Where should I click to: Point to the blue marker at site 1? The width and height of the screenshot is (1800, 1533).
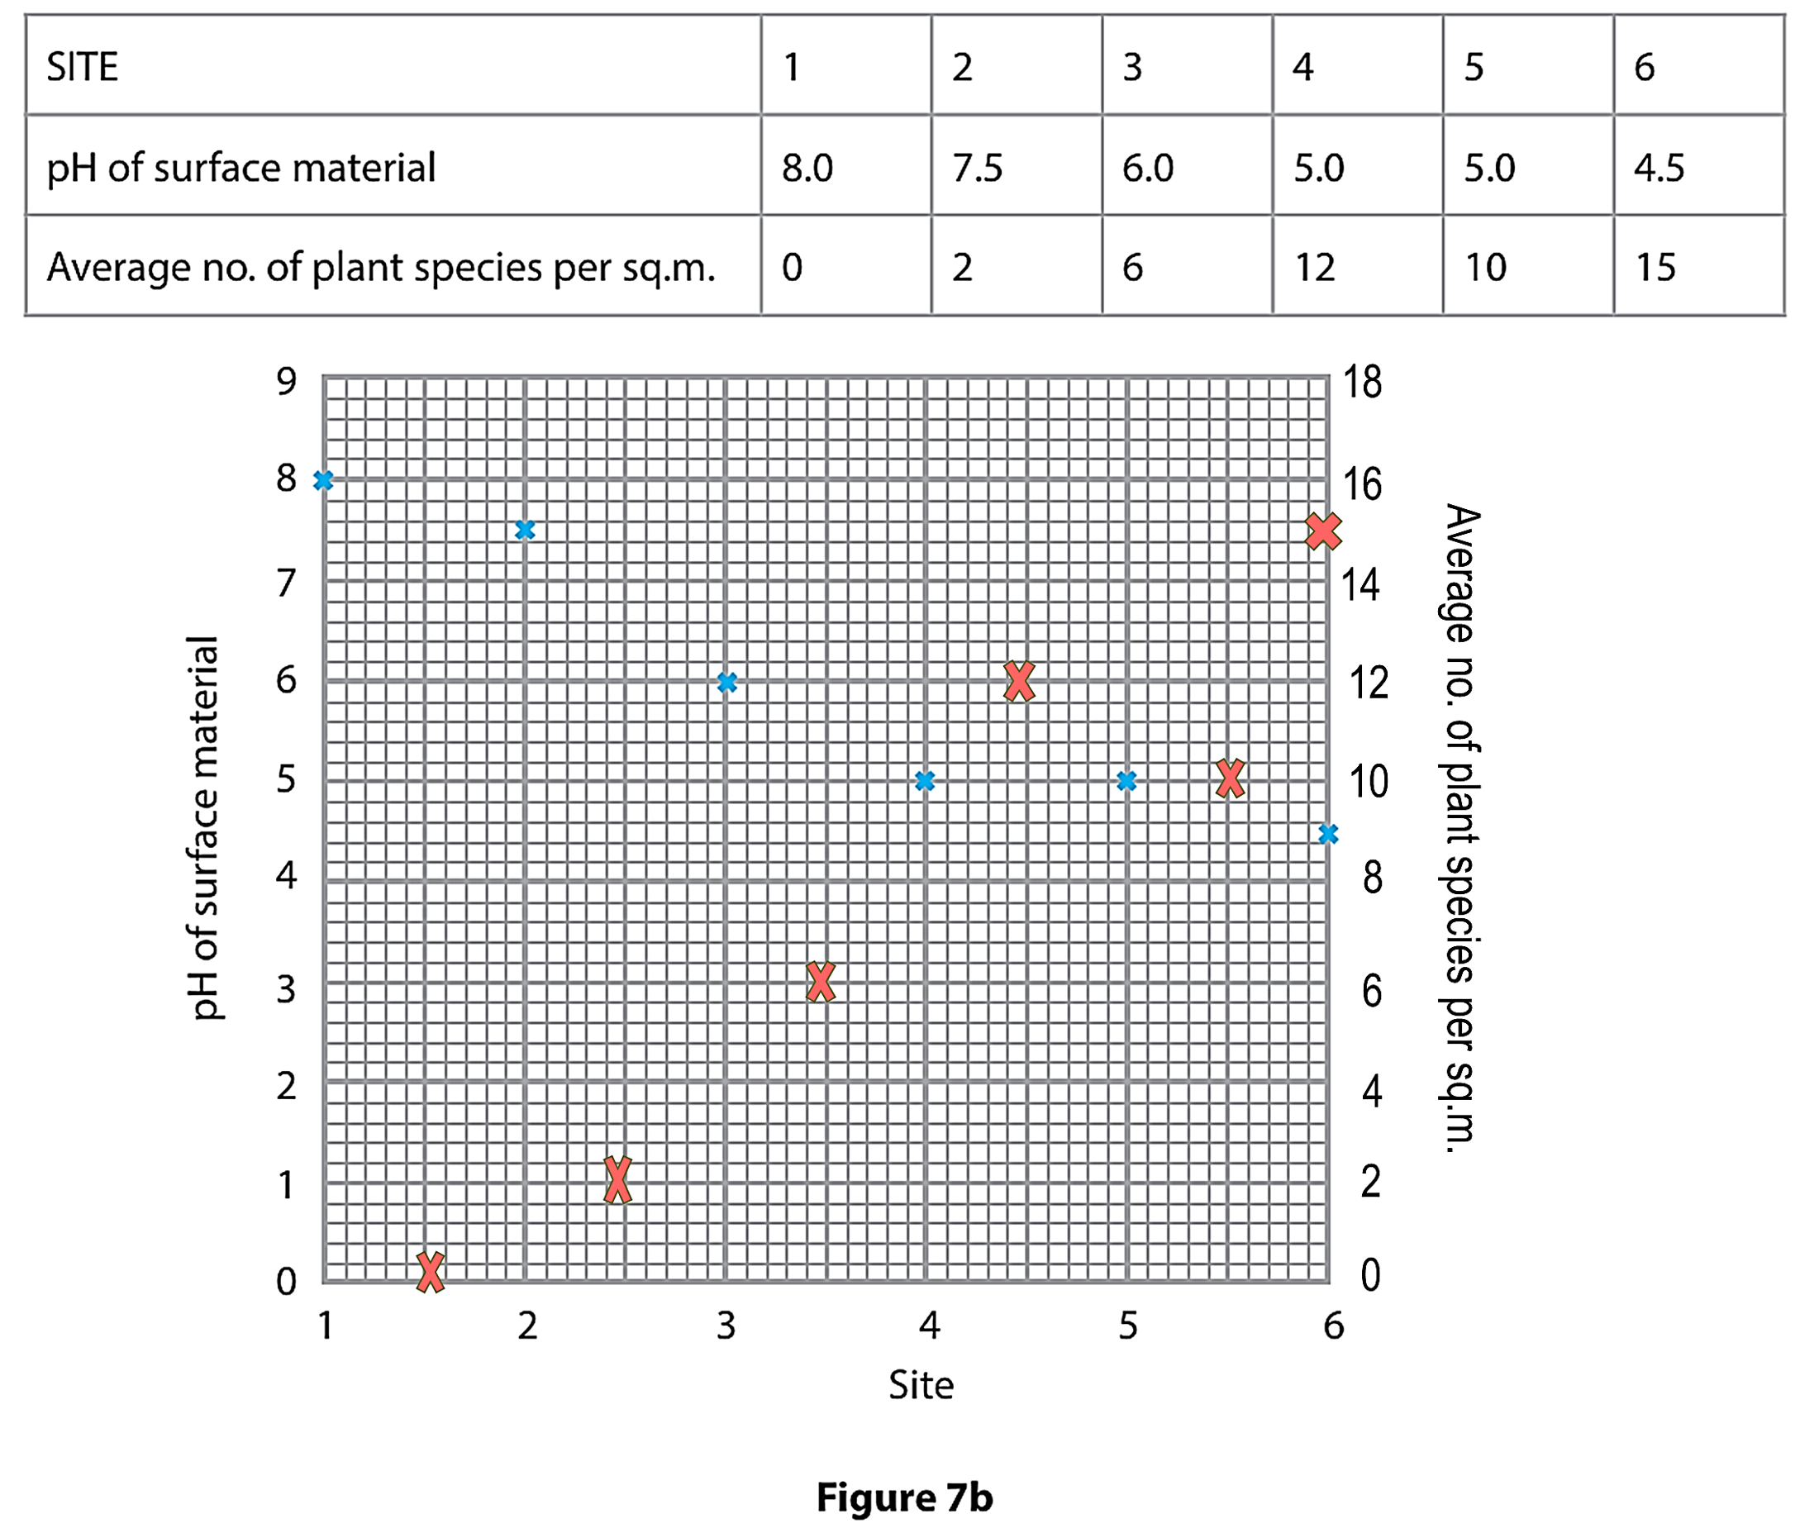pyautogui.click(x=323, y=480)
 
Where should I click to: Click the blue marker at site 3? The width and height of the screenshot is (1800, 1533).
pyautogui.click(x=728, y=682)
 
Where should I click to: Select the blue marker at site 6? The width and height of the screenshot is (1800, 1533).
pyautogui.click(x=1328, y=834)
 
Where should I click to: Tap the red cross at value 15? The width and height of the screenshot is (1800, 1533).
pyautogui.click(x=1323, y=530)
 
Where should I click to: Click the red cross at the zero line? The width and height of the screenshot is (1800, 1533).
pyautogui.click(x=430, y=1272)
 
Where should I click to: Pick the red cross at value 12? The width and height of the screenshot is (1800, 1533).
pyautogui.click(x=1020, y=681)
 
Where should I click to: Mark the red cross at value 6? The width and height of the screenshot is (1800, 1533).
pyautogui.click(x=820, y=982)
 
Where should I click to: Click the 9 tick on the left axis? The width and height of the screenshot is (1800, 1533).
pyautogui.click(x=287, y=381)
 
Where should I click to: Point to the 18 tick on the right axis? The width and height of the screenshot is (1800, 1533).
pyautogui.click(x=1362, y=382)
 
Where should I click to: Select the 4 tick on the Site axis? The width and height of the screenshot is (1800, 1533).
pyautogui.click(x=930, y=1326)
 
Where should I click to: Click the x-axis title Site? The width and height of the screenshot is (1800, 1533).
pyautogui.click(x=921, y=1385)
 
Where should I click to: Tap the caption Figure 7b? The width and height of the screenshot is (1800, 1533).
pyautogui.click(x=904, y=1497)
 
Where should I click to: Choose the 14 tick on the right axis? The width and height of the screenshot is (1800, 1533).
pyautogui.click(x=1361, y=584)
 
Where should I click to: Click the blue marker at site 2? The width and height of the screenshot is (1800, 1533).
pyautogui.click(x=525, y=530)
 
